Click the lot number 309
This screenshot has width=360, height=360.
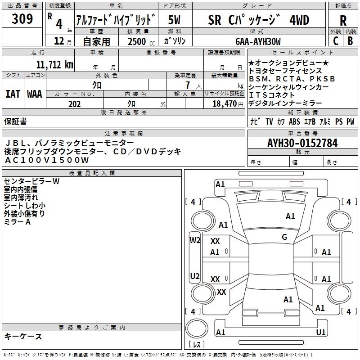click(22, 19)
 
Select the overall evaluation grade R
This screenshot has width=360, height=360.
click(343, 21)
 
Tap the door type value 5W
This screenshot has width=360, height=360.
click(175, 20)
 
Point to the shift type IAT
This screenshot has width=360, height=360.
click(13, 94)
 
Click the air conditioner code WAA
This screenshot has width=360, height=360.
click(35, 94)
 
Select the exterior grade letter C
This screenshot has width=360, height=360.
click(335, 41)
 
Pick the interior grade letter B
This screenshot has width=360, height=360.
click(350, 41)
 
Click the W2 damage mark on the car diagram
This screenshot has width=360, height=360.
click(195, 240)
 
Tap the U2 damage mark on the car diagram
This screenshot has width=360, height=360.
click(195, 276)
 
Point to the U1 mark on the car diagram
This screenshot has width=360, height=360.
click(321, 333)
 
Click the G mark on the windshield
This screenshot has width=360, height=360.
click(284, 237)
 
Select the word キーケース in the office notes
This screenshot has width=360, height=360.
click(23, 337)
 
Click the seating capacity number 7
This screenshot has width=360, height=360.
click(186, 85)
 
